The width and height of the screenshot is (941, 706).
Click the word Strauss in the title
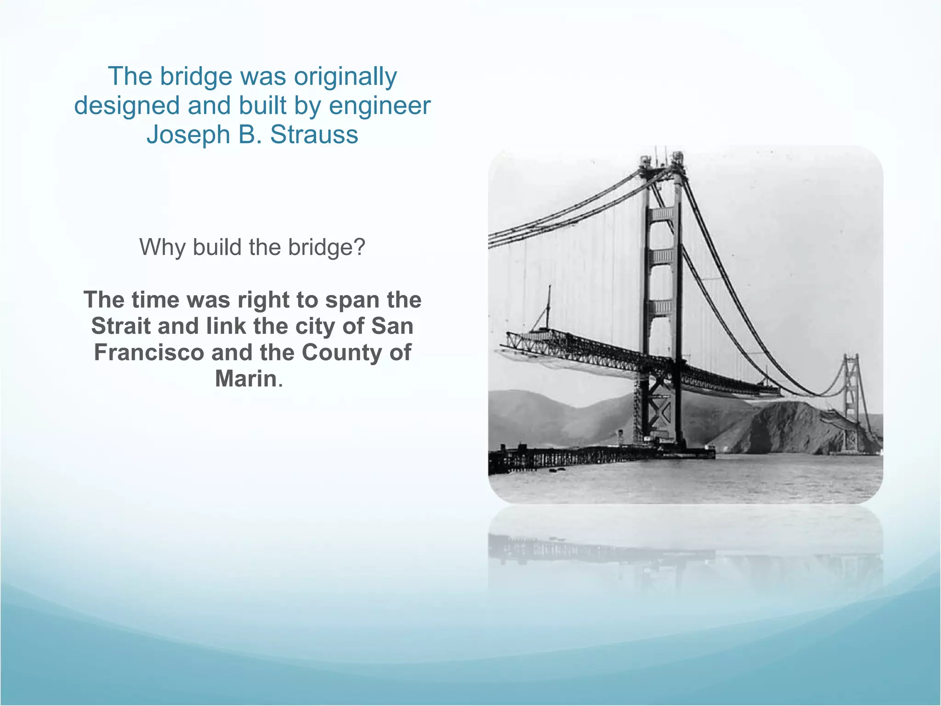click(314, 135)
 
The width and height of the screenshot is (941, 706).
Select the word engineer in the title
click(380, 106)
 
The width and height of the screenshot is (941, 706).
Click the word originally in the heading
click(345, 77)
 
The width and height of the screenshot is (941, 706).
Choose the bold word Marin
click(246, 379)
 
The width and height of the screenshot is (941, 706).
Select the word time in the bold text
click(155, 300)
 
